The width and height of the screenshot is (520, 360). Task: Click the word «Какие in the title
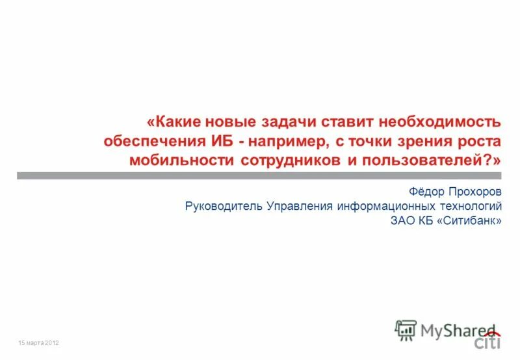(175, 122)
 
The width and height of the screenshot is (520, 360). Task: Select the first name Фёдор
(426, 193)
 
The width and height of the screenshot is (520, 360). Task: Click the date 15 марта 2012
(39, 342)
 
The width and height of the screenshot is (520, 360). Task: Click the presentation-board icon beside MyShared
(406, 330)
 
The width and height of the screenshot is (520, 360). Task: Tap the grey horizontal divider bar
(260, 175)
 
